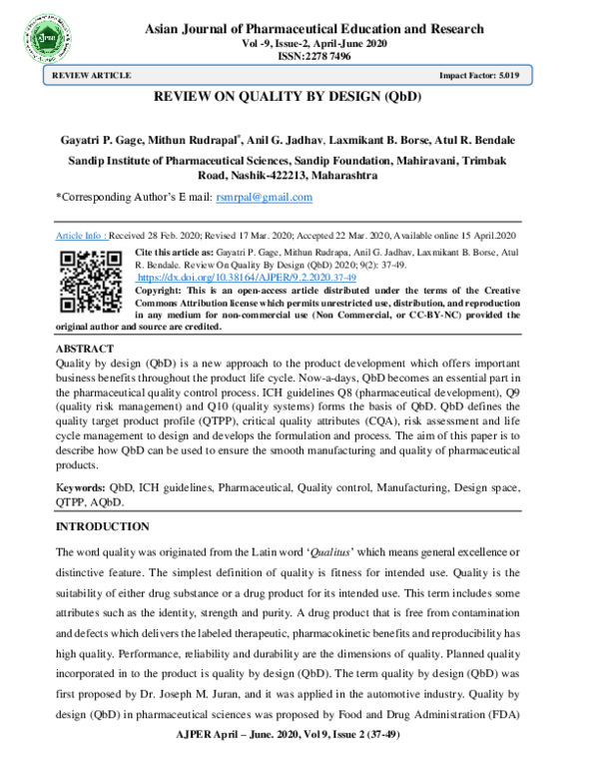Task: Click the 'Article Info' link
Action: click(80, 235)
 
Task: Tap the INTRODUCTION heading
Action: click(102, 525)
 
